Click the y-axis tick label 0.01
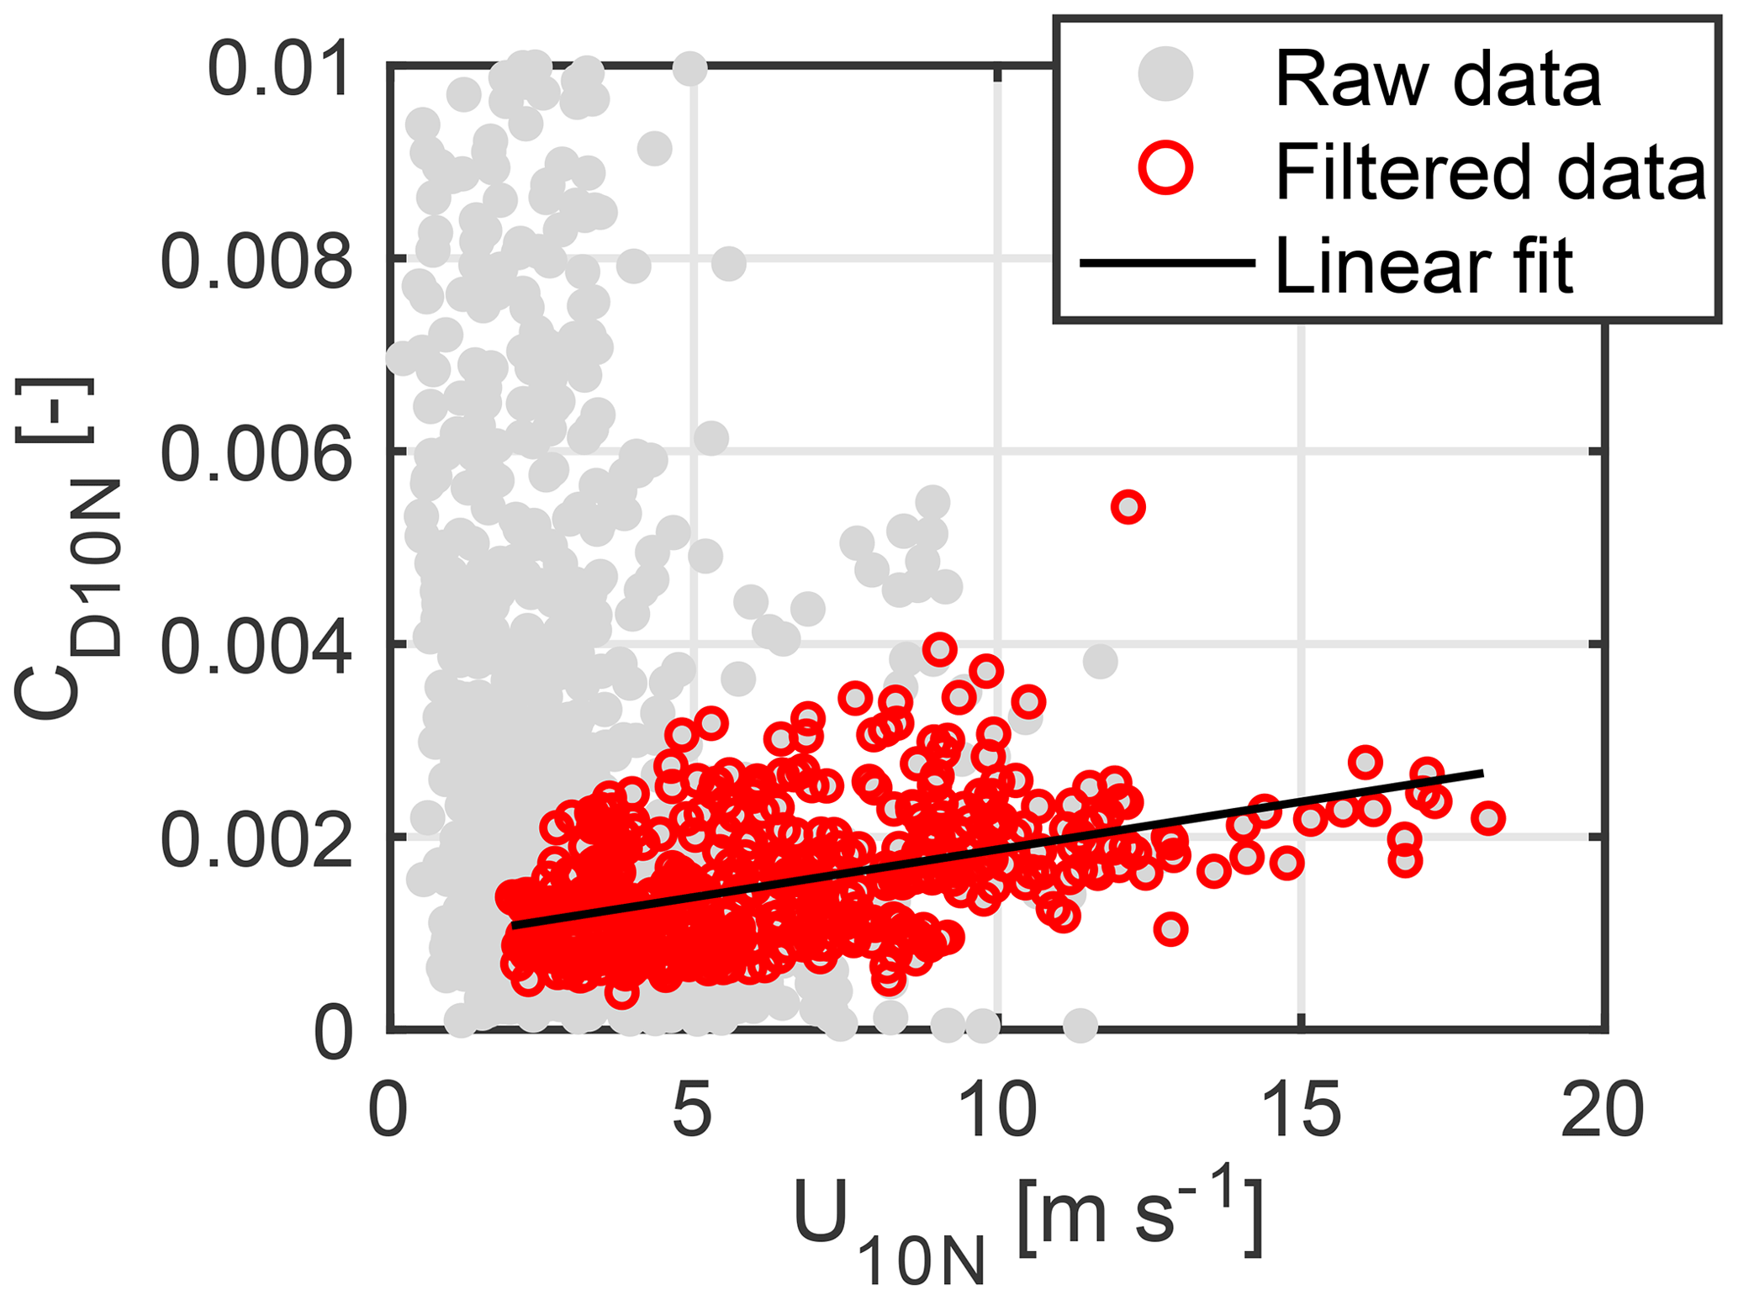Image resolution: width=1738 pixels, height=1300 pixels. coord(277,71)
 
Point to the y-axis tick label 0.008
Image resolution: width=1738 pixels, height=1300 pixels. coord(256,262)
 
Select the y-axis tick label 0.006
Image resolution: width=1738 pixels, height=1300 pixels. coord(256,455)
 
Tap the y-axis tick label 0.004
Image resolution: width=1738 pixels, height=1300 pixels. coord(256,647)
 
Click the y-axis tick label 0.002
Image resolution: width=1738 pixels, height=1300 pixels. coord(256,841)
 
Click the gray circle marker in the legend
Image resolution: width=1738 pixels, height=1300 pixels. coord(1165,74)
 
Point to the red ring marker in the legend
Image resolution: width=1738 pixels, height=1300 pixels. coord(1165,166)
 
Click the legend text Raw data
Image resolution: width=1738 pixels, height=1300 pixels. coord(1438,79)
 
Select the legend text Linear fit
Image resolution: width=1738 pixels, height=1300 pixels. coord(1423,266)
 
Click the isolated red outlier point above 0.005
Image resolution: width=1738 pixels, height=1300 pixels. coord(1128,507)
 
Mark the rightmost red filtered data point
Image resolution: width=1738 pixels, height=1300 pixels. coord(1488,817)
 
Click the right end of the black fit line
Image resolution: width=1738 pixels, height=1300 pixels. coord(1482,772)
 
